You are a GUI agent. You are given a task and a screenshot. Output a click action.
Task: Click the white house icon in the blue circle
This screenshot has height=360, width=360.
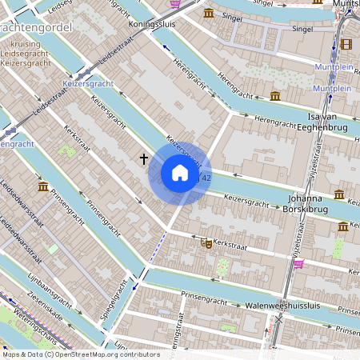[180, 173]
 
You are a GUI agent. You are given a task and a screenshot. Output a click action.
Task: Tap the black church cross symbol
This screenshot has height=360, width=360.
[144, 159]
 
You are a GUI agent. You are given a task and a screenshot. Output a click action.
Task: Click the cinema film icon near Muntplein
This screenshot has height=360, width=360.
[346, 45]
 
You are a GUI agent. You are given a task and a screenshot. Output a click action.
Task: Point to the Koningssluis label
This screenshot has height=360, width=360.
[152, 24]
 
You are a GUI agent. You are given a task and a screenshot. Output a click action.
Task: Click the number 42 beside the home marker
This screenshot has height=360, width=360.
[206, 178]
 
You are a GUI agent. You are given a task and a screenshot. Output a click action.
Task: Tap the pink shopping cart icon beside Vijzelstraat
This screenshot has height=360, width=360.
[298, 264]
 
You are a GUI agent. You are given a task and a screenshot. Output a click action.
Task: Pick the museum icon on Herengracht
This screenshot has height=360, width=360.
[275, 96]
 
